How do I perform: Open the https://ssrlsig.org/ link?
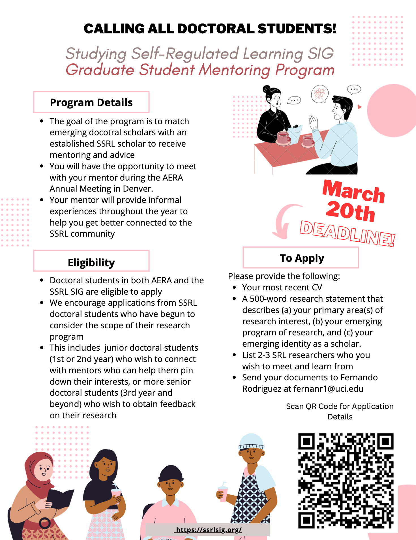(209, 530)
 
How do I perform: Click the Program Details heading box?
(91, 102)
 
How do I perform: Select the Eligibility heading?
(91, 262)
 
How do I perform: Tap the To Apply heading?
(302, 258)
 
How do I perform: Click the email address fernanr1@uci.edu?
(328, 389)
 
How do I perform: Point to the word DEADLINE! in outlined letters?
(347, 233)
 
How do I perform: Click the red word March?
(353, 192)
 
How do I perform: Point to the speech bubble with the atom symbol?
(320, 94)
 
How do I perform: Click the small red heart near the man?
(359, 107)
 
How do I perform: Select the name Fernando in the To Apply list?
(359, 378)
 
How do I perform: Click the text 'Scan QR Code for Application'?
(340, 406)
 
